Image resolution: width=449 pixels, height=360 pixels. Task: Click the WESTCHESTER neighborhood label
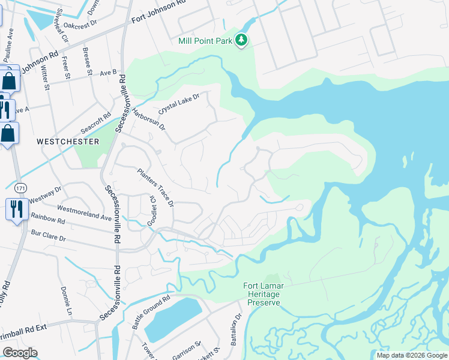click(x=68, y=142)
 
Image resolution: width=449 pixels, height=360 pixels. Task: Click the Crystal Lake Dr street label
click(x=178, y=103)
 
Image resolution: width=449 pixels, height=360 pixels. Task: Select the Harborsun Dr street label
click(x=148, y=119)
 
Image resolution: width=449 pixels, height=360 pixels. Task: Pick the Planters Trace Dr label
click(x=155, y=187)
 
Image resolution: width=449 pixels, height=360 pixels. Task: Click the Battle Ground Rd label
click(x=151, y=311)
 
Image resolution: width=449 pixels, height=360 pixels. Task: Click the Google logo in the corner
click(x=20, y=353)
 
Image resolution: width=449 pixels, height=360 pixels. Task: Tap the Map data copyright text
click(x=411, y=355)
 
